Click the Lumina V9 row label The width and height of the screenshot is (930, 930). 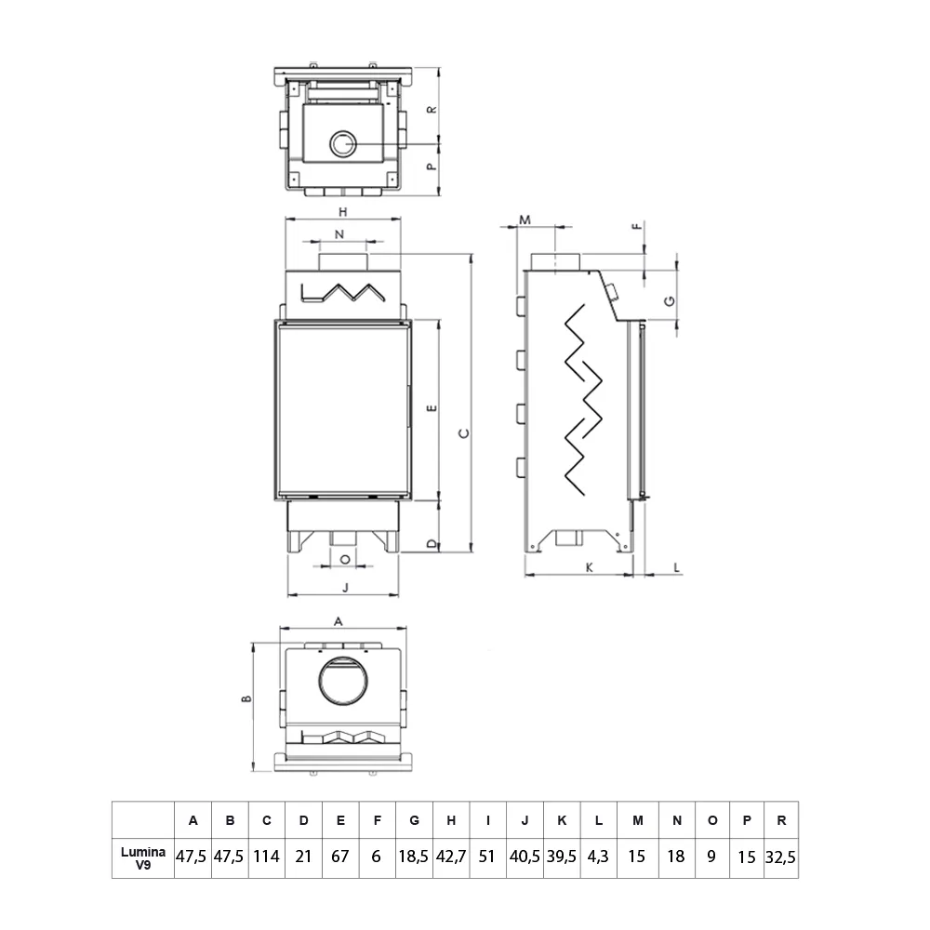pyautogui.click(x=142, y=856)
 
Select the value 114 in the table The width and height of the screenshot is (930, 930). pyautogui.click(x=267, y=856)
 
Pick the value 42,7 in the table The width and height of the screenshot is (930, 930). pyautogui.click(x=451, y=856)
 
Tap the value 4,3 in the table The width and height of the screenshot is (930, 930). pyautogui.click(x=599, y=856)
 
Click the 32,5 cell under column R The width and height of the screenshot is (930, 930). pyautogui.click(x=781, y=856)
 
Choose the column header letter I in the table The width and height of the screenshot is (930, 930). pyautogui.click(x=487, y=820)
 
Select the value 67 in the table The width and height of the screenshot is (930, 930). pyautogui.click(x=340, y=856)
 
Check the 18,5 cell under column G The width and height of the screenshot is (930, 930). pyautogui.click(x=414, y=856)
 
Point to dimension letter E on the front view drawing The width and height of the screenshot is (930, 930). pyautogui.click(x=430, y=409)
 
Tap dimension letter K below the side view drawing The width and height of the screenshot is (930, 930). pyautogui.click(x=589, y=565)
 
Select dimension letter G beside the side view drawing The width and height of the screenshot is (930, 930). pyautogui.click(x=668, y=299)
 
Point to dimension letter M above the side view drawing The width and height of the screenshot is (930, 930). pyautogui.click(x=525, y=219)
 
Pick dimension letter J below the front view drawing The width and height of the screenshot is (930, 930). pyautogui.click(x=344, y=587)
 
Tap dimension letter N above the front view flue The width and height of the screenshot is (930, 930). pyautogui.click(x=339, y=232)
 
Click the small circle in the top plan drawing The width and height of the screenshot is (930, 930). pyautogui.click(x=343, y=144)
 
